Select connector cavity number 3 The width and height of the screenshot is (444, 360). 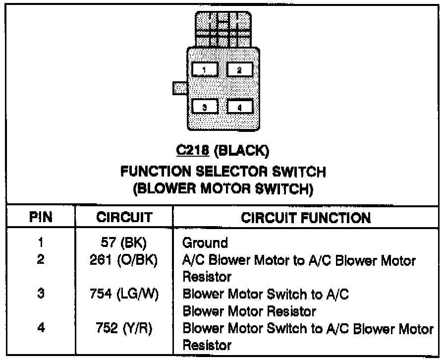point(205,107)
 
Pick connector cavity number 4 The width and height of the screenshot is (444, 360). point(240,107)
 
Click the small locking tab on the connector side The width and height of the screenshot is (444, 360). point(179,88)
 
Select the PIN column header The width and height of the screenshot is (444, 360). point(41,217)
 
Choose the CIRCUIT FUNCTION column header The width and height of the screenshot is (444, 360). point(305,217)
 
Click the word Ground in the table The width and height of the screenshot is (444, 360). point(205,243)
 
